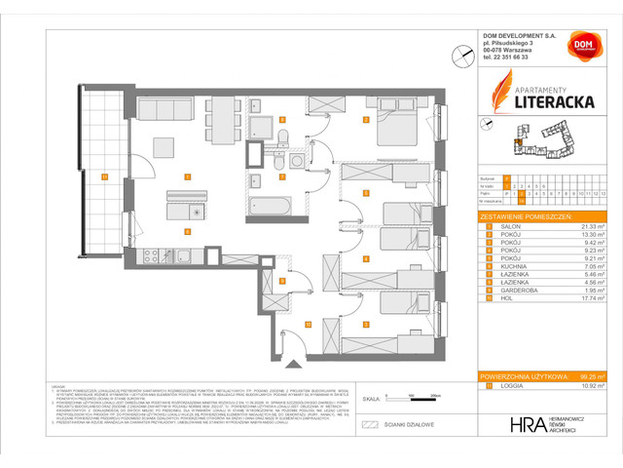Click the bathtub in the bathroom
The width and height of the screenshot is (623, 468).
tap(270, 207)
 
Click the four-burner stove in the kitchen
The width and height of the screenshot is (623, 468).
tap(152, 257)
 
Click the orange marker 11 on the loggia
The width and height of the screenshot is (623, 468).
tap(103, 176)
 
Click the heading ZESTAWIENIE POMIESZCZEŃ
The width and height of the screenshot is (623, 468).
tap(531, 214)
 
